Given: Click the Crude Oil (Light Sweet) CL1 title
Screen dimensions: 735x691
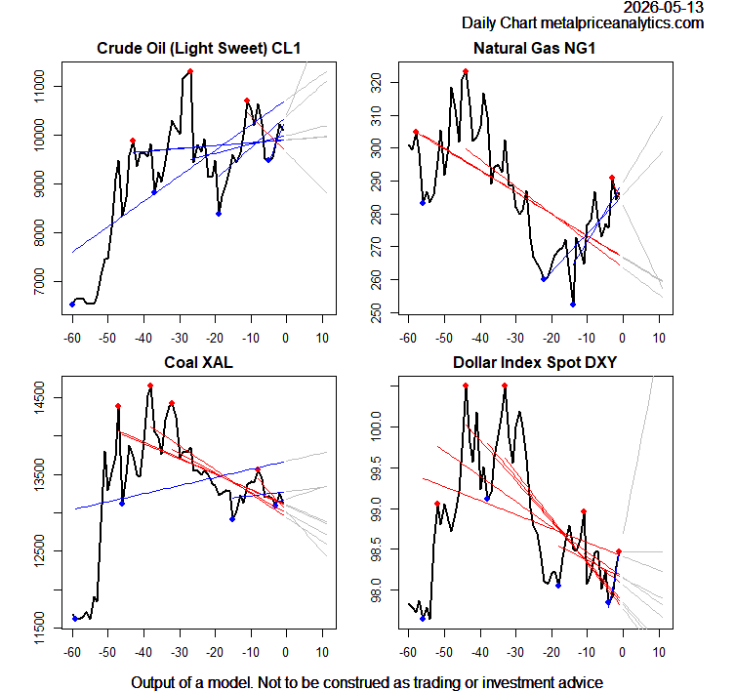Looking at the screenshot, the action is click(199, 48).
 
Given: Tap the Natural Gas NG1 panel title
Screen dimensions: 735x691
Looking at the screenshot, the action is click(534, 48).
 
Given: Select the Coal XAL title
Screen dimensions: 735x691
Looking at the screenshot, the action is click(199, 362).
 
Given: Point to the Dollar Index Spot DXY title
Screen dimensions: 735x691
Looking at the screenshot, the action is click(535, 362).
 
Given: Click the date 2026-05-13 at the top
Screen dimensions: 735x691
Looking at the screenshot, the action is click(664, 7).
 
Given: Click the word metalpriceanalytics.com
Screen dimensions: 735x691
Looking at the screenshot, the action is click(622, 23).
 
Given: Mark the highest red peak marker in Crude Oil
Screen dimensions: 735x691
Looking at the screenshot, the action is click(190, 71).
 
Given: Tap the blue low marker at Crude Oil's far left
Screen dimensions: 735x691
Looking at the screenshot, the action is click(72, 305).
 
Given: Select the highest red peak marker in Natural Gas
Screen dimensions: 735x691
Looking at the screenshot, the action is click(466, 71).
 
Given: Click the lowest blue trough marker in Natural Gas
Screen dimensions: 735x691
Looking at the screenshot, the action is click(573, 305).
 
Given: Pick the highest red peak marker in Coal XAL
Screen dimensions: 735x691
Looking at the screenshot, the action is click(150, 386).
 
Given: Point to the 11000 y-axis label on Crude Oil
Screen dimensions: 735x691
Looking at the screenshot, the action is click(39, 86).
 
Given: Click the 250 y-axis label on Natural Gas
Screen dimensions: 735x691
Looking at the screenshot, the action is click(376, 312).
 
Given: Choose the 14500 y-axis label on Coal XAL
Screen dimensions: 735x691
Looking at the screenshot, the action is click(39, 398).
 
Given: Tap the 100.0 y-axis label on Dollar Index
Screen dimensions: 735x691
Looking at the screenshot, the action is click(376, 427).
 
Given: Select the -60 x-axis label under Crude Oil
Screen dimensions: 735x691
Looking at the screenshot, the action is click(72, 338).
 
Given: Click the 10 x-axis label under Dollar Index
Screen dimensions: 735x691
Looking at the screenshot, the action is click(659, 652).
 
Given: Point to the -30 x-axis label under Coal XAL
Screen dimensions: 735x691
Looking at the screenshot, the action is click(180, 652).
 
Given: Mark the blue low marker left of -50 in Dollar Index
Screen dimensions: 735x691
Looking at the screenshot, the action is click(423, 619).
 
